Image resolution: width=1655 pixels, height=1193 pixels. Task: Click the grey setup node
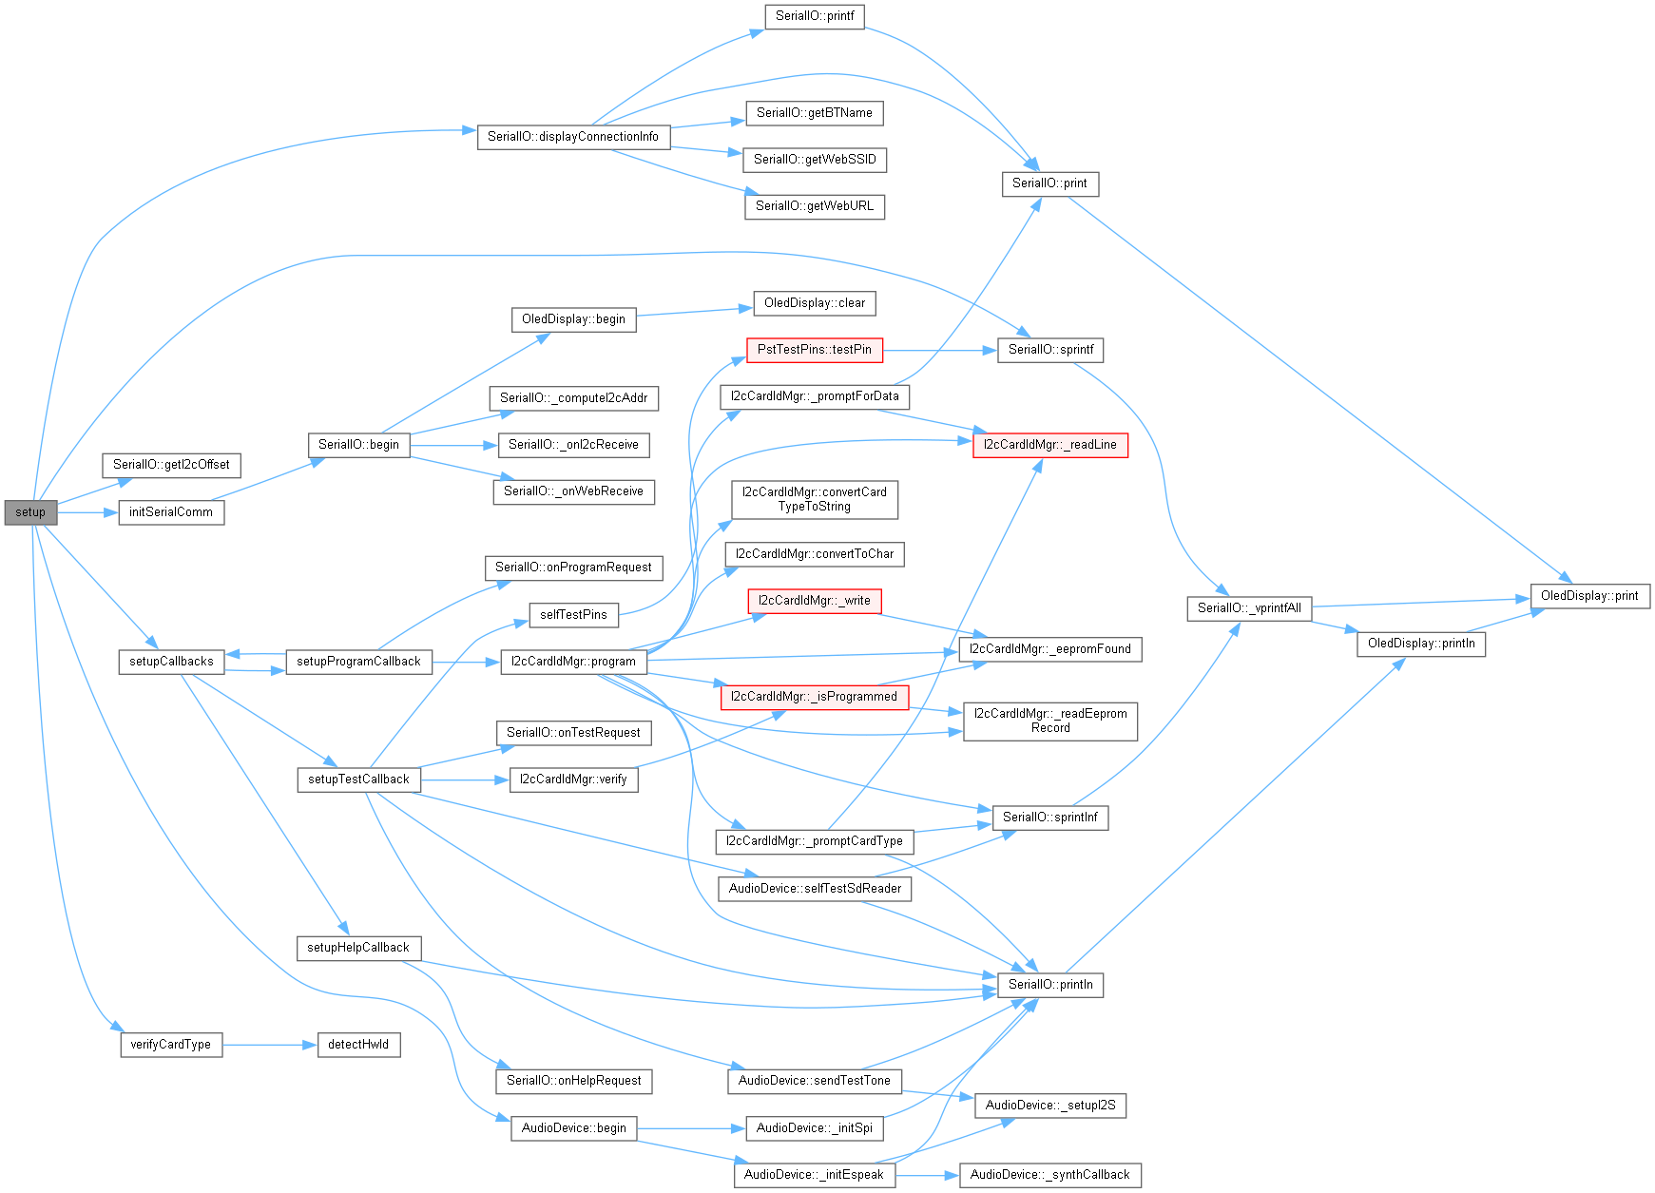30,512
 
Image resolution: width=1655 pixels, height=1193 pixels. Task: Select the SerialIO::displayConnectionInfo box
572,137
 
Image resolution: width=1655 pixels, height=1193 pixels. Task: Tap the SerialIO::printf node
814,16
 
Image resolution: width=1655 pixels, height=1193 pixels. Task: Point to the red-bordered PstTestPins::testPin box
814,350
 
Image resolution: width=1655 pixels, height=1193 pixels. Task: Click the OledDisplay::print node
1588,596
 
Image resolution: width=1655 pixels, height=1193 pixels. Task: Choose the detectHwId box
358,1045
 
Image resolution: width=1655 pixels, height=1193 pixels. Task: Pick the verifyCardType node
171,1045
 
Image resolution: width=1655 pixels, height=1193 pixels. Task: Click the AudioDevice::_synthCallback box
1049,1175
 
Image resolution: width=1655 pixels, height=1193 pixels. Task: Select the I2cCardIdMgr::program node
573,662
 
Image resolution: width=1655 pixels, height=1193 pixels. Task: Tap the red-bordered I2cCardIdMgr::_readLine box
1049,445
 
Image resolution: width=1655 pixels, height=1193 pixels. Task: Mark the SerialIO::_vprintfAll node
1249,608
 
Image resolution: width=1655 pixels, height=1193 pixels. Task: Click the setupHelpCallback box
358,948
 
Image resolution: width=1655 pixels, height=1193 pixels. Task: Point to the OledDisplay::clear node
814,303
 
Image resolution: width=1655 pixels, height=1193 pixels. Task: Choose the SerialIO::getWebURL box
814,206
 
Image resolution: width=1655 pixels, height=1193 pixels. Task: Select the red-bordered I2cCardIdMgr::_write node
814,601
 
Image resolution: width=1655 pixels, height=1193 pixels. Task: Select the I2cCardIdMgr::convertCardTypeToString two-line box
814,499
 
